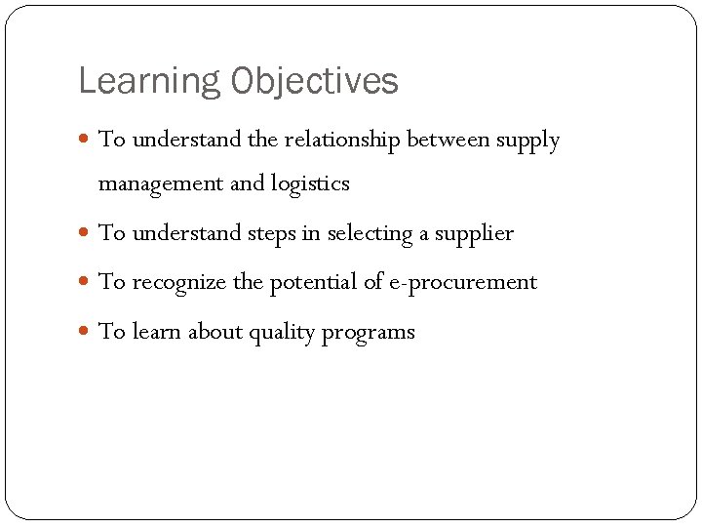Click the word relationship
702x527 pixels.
point(342,141)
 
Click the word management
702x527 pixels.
point(161,184)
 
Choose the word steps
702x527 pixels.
point(270,234)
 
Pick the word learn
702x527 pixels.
point(156,333)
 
